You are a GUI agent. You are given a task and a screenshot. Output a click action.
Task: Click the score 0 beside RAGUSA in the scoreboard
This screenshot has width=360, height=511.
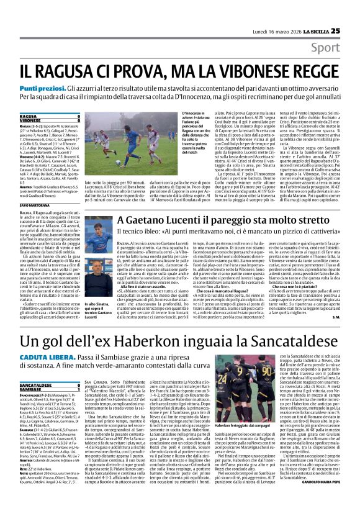(x=79, y=116)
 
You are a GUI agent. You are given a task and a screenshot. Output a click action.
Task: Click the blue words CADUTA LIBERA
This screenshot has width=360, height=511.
(x=39, y=360)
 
